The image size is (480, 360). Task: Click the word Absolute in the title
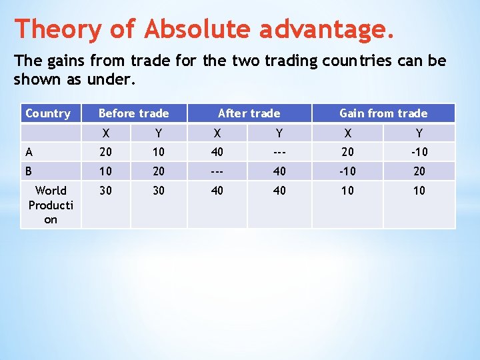pyautogui.click(x=198, y=29)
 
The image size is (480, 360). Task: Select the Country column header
pyautogui.click(x=47, y=113)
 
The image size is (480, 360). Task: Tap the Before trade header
pyautogui.click(x=133, y=113)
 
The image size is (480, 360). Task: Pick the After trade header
pyautogui.click(x=249, y=113)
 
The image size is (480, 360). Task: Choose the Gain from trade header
pyautogui.click(x=383, y=113)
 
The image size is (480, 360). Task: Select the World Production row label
pyautogui.click(x=51, y=205)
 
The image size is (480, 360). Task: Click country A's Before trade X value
pyautogui.click(x=106, y=152)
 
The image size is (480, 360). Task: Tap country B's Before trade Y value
pyautogui.click(x=159, y=171)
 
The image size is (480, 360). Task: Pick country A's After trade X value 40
pyautogui.click(x=217, y=152)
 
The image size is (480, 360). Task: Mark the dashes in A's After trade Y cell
pyautogui.click(x=279, y=152)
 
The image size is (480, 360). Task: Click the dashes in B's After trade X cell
pyautogui.click(x=217, y=171)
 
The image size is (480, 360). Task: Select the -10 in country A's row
pyautogui.click(x=419, y=152)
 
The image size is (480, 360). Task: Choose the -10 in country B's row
pyautogui.click(x=347, y=171)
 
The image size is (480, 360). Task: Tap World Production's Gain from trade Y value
pyautogui.click(x=419, y=191)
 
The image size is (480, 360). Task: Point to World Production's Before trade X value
pyautogui.click(x=106, y=191)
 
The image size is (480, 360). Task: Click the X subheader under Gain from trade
pyautogui.click(x=347, y=133)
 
